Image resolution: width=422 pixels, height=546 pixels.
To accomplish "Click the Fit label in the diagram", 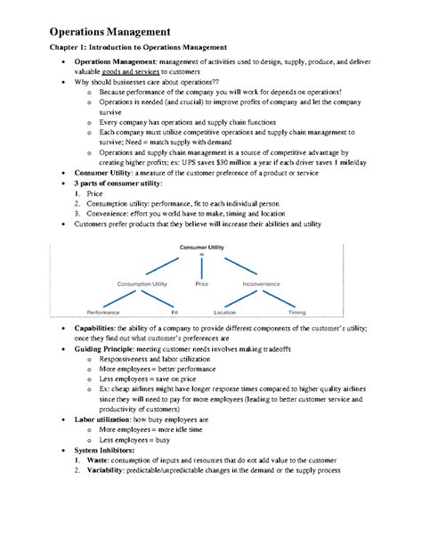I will [174, 313].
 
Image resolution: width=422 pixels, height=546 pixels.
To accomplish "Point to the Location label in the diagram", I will [225, 313].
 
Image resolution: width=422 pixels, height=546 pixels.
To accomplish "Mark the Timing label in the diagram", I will [296, 313].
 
